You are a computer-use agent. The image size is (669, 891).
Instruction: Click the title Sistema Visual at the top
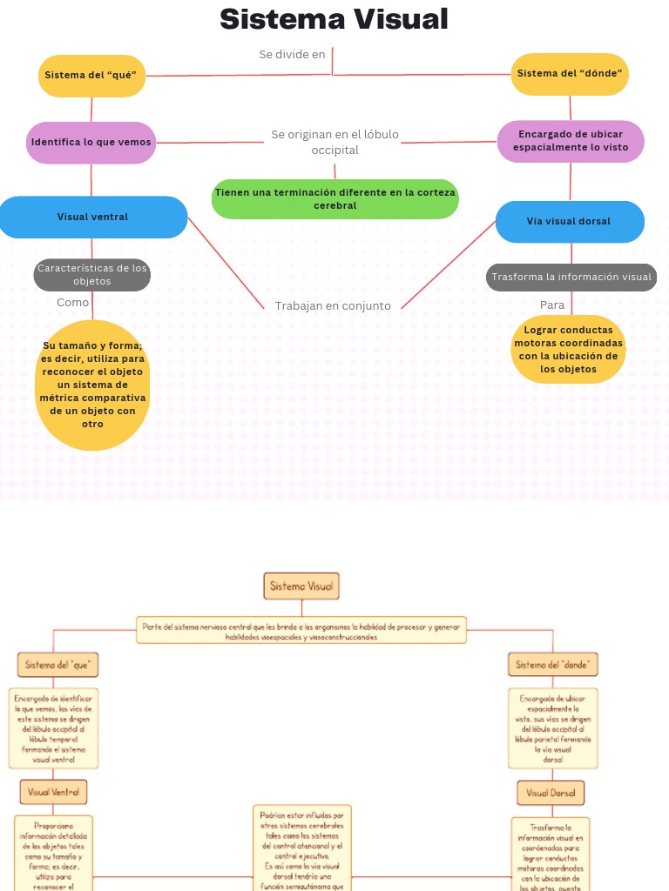click(334, 19)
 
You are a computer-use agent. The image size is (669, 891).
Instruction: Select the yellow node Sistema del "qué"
click(91, 75)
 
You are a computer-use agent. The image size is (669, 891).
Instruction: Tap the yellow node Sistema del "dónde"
click(570, 74)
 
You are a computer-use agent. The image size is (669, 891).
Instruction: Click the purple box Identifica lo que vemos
click(91, 142)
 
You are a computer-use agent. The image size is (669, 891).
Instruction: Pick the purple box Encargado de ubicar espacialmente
click(571, 141)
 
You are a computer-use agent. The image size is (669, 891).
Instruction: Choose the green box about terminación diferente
click(335, 198)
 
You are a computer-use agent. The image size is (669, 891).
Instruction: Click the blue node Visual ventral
click(92, 217)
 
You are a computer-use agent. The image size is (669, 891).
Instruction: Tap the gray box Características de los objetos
click(92, 275)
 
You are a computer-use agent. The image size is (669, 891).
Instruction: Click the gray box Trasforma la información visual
click(571, 278)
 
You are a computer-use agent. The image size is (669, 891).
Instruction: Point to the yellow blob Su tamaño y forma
click(92, 385)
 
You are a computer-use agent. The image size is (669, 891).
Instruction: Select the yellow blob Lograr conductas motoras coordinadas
click(569, 350)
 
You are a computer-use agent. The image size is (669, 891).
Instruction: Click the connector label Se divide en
click(292, 55)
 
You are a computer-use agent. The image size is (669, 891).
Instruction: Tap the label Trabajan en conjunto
click(333, 306)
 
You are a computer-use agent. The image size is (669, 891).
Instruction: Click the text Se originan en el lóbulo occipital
click(334, 142)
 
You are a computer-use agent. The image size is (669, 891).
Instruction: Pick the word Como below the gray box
click(73, 303)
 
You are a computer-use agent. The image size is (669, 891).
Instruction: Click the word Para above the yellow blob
click(552, 305)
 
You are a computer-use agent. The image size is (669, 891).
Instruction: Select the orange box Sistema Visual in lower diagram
click(301, 586)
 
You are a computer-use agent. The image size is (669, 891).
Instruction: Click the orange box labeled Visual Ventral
click(54, 792)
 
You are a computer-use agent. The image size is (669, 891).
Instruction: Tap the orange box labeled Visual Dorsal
click(551, 793)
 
